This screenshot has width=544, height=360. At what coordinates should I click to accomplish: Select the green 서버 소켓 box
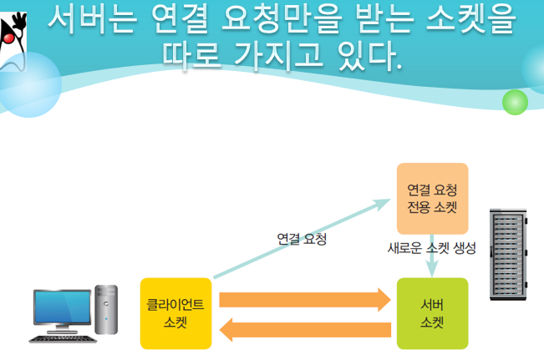[x=432, y=313]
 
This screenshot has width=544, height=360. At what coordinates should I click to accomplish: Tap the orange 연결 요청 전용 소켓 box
[x=432, y=198]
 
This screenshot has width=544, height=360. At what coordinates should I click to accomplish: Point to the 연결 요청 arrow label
[x=301, y=239]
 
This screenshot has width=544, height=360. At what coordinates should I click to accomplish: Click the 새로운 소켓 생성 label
[x=432, y=248]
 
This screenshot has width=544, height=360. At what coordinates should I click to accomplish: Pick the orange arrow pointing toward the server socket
[x=304, y=298]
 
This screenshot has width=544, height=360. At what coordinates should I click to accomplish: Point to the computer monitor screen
[x=62, y=307]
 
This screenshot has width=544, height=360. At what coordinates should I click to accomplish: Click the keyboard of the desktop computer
[x=62, y=337]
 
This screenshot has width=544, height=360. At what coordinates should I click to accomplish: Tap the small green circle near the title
[x=515, y=102]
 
